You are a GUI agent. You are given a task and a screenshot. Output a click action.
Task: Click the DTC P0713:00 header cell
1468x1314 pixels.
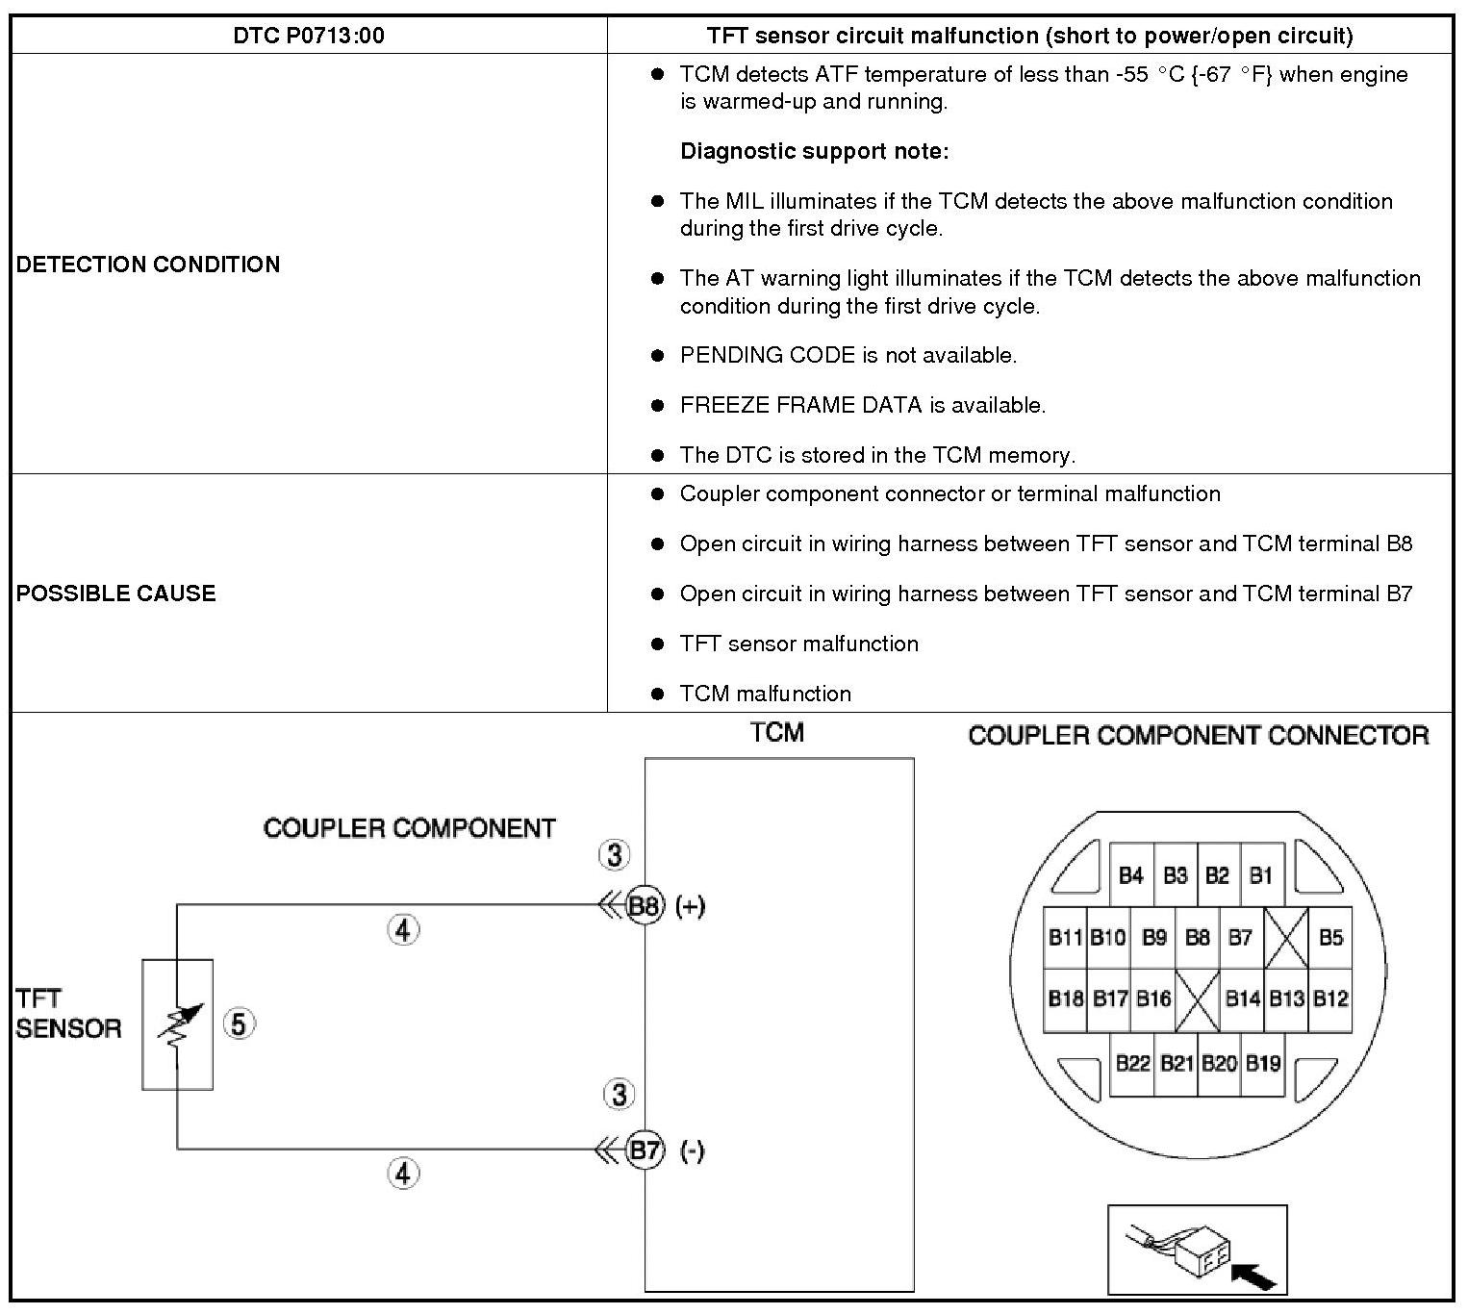[309, 36]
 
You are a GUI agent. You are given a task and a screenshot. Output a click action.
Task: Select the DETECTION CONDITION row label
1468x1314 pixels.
[148, 265]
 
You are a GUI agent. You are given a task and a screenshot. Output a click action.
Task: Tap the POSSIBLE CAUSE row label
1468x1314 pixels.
[115, 593]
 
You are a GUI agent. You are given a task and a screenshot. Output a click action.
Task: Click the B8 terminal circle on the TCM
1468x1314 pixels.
[645, 905]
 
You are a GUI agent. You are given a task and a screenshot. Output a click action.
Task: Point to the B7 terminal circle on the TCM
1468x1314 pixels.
[645, 1150]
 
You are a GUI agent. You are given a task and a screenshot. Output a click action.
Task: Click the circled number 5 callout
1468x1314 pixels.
[239, 1023]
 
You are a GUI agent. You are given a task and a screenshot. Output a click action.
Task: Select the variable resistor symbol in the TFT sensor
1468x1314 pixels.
[180, 1024]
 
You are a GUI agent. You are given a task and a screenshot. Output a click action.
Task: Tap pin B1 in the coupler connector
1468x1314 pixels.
[1261, 875]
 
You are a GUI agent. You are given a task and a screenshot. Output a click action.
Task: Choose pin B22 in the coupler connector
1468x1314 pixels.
[1132, 1063]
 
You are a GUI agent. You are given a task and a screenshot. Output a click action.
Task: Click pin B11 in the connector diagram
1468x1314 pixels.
[1065, 937]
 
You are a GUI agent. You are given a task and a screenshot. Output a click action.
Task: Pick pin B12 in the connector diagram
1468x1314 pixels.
[1330, 998]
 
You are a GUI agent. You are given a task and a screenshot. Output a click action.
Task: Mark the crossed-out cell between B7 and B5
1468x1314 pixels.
[1286, 937]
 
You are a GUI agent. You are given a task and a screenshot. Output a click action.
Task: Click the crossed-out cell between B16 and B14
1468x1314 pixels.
[1198, 998]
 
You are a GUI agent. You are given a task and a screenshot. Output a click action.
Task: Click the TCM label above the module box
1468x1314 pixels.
[777, 733]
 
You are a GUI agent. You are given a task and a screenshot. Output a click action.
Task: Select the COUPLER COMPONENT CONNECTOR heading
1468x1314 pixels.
[1198, 736]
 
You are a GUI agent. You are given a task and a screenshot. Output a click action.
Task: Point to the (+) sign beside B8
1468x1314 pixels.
[690, 906]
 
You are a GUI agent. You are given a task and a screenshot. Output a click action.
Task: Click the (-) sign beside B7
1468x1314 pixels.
[692, 1151]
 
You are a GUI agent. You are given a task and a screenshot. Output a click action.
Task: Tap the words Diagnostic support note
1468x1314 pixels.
[814, 151]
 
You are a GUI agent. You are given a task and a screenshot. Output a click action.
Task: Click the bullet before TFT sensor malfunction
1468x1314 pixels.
[658, 644]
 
